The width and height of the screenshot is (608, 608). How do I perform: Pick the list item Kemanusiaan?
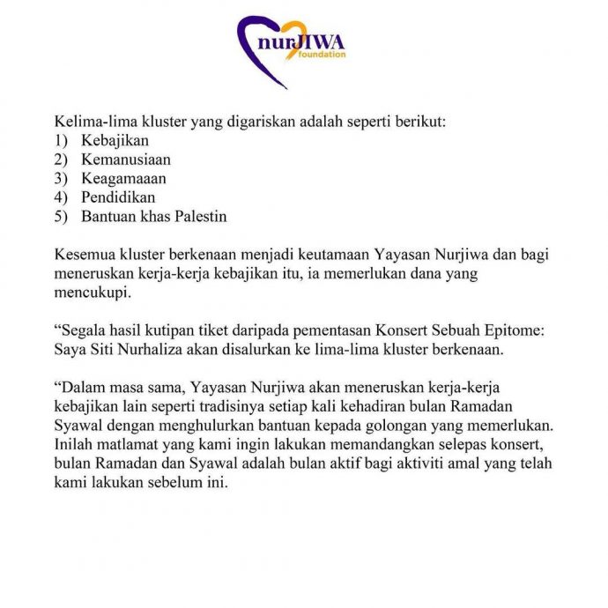coord(126,159)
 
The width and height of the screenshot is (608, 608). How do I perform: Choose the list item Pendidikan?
coord(118,197)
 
